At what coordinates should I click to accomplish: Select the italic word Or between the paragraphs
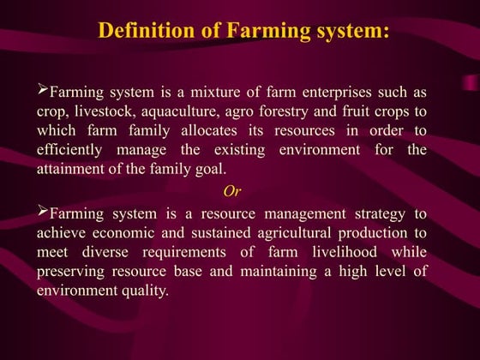coord(231,189)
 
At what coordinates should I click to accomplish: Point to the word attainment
coord(72,169)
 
